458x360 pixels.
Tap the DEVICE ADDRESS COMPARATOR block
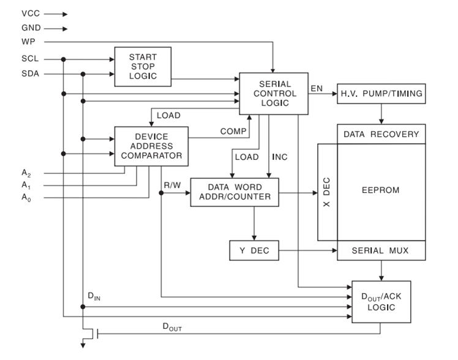click(x=150, y=146)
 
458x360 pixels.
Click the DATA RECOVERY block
click(x=381, y=134)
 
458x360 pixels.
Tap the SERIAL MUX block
click(x=381, y=250)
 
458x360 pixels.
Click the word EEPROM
click(x=381, y=190)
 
